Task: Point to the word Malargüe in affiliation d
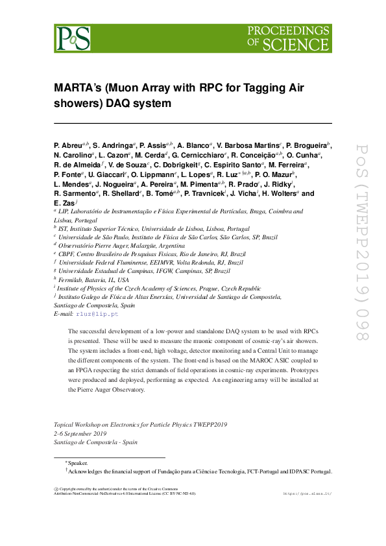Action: [140, 246]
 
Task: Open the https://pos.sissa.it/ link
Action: [308, 493]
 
